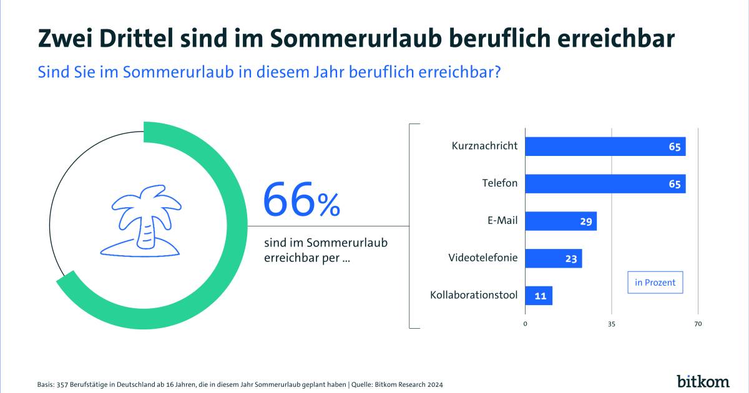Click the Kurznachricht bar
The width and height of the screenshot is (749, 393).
click(605, 147)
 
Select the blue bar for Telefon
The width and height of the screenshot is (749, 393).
click(605, 184)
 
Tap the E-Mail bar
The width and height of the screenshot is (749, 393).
click(561, 221)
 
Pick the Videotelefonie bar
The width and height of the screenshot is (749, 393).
click(553, 258)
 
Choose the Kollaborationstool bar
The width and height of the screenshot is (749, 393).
click(539, 296)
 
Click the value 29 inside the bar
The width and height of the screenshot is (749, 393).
click(586, 221)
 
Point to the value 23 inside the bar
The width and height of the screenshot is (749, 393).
click(571, 258)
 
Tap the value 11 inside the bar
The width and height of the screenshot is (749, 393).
click(541, 296)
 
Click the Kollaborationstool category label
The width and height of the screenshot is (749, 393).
click(474, 294)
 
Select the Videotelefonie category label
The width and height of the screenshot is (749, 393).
click(482, 257)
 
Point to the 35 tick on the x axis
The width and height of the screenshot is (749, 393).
click(612, 324)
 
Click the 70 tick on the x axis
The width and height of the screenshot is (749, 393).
click(698, 324)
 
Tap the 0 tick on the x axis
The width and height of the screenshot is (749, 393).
click(525, 324)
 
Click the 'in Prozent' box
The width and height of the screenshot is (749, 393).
click(655, 283)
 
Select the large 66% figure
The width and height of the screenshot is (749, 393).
click(301, 200)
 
